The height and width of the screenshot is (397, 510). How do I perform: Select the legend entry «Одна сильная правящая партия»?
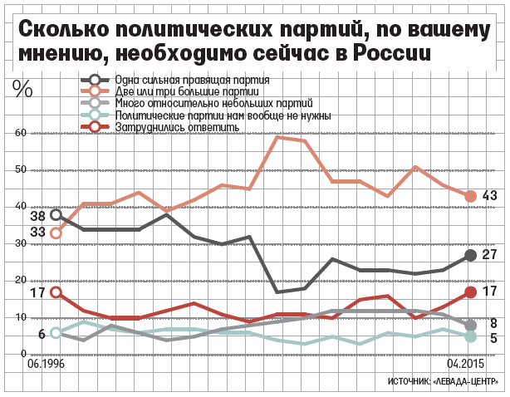192,80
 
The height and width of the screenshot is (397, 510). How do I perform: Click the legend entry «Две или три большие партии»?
187,91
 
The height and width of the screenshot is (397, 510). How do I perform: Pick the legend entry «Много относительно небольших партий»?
214,103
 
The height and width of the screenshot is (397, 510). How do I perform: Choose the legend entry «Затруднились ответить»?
177,127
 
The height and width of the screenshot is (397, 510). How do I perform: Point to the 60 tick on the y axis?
20,133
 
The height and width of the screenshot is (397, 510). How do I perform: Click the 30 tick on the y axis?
20,243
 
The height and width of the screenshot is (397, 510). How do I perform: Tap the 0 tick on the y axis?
23,354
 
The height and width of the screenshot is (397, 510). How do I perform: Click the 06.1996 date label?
46,364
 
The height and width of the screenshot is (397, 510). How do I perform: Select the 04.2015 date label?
465,364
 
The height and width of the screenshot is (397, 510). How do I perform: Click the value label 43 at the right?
489,195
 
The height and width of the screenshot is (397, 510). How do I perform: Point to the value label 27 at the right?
489,255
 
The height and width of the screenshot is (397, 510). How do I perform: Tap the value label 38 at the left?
37,216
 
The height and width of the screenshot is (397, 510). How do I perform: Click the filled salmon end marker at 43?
471,196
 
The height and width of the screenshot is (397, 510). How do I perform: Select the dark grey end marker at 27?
471,256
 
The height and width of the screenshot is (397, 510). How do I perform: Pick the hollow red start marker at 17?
56,292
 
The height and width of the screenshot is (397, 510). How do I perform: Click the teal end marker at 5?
471,337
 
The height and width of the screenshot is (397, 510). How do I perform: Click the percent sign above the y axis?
22,88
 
